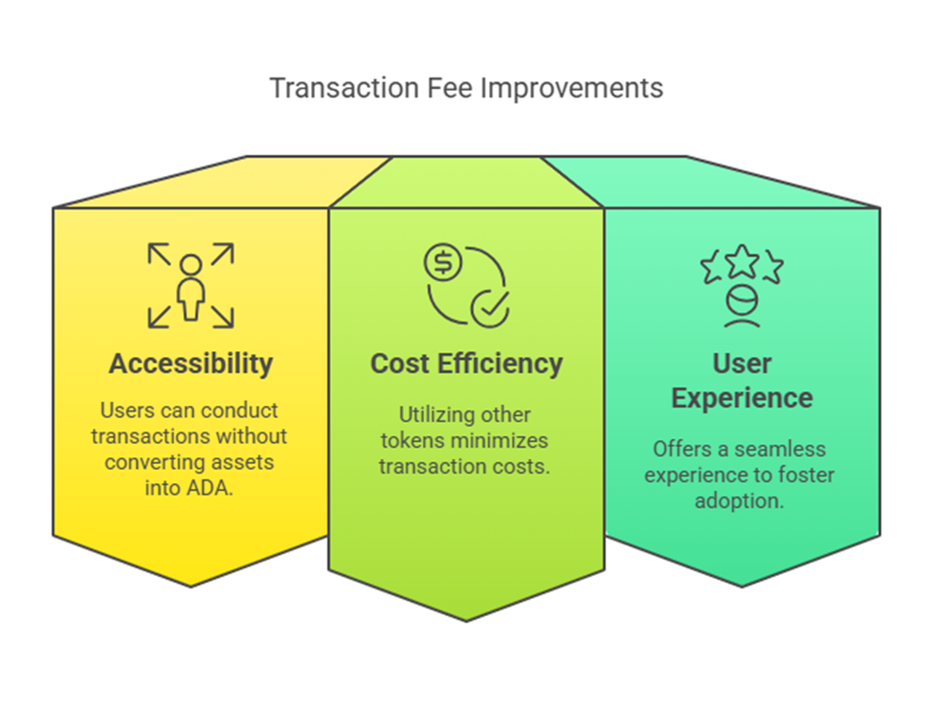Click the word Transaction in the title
[x=344, y=88]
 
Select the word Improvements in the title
[x=572, y=89]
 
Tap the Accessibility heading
[x=191, y=364]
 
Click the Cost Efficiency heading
[x=467, y=364]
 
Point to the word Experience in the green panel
[x=742, y=399]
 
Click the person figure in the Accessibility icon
[x=191, y=288]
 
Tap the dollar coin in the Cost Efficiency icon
[x=443, y=262]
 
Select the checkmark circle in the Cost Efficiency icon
[x=490, y=309]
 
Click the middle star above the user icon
[x=742, y=261]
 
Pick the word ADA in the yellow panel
[x=208, y=488]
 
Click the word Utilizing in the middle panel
[x=426, y=415]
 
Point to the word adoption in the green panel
[x=739, y=500]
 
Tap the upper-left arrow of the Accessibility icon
[x=160, y=254]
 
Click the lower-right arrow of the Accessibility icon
[x=223, y=317]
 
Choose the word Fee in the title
[x=451, y=88]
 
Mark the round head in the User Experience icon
[x=742, y=299]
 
